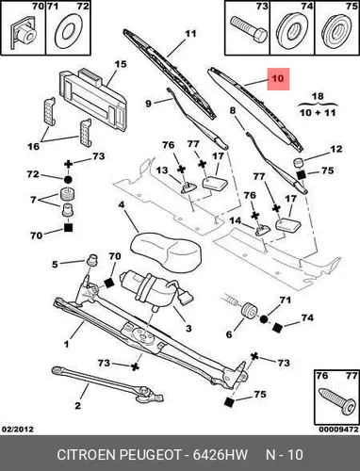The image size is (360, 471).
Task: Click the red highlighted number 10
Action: (278, 78)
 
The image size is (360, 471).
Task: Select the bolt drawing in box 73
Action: (248, 30)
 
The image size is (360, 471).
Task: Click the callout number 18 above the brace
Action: (318, 96)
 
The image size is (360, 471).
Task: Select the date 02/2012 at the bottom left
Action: (18, 429)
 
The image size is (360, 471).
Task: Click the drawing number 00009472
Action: (338, 429)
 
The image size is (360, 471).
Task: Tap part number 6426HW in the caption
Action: (220, 454)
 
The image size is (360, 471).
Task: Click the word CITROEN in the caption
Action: (87, 454)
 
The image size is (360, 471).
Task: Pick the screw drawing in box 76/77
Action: (336, 401)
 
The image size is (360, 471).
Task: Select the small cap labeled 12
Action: (299, 163)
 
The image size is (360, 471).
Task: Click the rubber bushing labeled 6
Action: (250, 310)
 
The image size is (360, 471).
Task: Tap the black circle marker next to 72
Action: (68, 180)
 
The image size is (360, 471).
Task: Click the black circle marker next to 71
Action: (264, 319)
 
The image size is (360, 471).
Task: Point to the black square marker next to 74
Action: (277, 328)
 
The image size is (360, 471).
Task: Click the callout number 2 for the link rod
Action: (77, 405)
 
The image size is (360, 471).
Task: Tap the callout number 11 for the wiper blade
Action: (190, 33)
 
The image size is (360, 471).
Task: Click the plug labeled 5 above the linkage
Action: (91, 260)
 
